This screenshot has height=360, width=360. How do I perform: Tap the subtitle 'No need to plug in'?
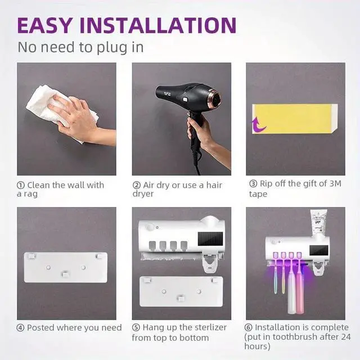coord(80,47)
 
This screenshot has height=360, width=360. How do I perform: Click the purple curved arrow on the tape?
coord(259,123)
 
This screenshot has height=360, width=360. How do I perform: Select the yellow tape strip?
coord(296,118)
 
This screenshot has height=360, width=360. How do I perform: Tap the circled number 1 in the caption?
coord(21,185)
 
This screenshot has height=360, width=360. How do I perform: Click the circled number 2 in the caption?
coord(136,185)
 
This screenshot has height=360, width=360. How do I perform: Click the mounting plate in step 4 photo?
coord(66,267)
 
